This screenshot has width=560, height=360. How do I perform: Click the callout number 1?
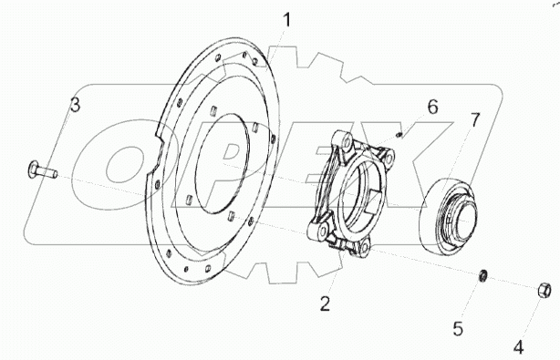point(286,20)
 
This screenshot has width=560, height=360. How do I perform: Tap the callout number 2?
point(325,304)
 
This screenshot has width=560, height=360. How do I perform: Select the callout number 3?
point(75,105)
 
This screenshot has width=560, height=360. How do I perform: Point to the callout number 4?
point(519,347)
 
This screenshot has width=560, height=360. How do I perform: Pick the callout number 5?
point(458,328)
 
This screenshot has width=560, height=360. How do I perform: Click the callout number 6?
point(433,107)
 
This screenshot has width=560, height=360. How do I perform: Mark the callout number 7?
point(474,120)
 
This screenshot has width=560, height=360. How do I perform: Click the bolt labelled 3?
point(42,170)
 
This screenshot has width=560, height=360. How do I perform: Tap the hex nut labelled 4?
point(544,291)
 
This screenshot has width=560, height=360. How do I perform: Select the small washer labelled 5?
point(482,275)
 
